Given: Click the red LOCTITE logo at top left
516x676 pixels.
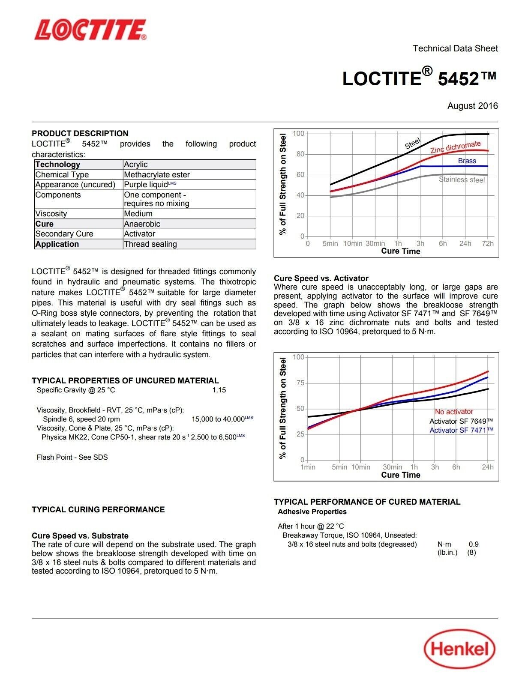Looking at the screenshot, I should (90, 30).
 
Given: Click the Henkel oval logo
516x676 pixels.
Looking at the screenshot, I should (459, 649).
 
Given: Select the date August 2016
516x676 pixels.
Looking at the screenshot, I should (472, 106).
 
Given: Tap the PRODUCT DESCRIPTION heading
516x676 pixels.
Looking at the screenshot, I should (80, 133).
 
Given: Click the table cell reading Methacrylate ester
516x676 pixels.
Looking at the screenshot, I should (157, 175).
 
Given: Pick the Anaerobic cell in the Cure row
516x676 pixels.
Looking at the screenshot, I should (142, 224).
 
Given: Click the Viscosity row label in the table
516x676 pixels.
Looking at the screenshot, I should (51, 214).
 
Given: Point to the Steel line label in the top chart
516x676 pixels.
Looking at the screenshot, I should (413, 144).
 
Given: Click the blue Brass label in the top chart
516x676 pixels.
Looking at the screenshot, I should (467, 161).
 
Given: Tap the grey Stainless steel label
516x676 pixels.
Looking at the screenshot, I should (462, 180).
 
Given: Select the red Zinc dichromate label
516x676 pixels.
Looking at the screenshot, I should (456, 147).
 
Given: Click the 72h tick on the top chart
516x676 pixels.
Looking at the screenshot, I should (488, 244).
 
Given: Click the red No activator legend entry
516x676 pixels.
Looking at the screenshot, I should (454, 412).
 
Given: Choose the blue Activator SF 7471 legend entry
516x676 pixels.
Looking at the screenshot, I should (461, 431).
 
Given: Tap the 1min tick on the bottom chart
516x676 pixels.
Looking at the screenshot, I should (308, 467).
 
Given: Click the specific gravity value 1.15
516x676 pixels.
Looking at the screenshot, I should (219, 390).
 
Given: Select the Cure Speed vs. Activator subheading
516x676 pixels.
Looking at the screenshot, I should (321, 278).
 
